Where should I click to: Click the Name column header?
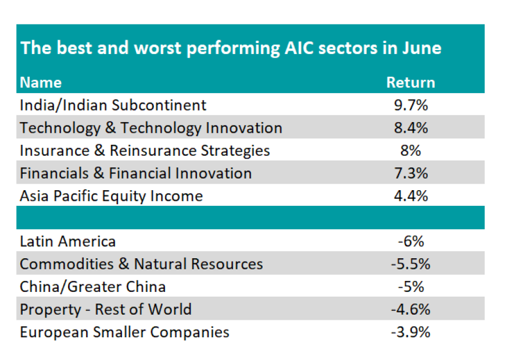(41, 83)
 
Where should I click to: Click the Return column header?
(410, 83)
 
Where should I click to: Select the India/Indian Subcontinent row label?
(113, 105)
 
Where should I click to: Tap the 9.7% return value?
(410, 105)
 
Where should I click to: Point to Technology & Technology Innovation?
(151, 128)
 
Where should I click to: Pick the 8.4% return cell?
(410, 128)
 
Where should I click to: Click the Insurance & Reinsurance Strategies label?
(145, 151)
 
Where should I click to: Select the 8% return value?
(410, 151)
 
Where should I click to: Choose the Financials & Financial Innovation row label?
(135, 173)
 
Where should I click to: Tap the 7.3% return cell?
(410, 173)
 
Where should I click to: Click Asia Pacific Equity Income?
(111, 196)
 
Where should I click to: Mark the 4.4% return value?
(410, 196)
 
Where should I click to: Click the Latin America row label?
(67, 241)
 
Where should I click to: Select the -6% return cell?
(410, 241)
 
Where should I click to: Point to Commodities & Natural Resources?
(141, 264)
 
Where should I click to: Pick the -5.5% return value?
(410, 264)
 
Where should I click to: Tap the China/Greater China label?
(92, 287)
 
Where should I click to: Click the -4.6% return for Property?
(410, 309)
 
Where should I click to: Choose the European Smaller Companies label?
(124, 332)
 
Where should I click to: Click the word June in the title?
(421, 48)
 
